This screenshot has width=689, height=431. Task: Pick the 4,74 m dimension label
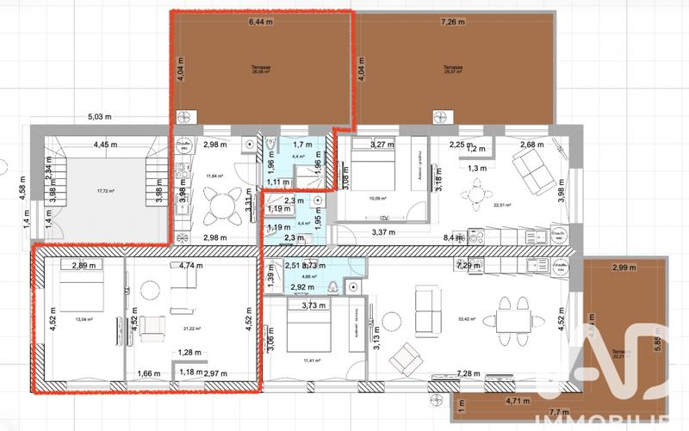191,266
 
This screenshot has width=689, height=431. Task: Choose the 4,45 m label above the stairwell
107,145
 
